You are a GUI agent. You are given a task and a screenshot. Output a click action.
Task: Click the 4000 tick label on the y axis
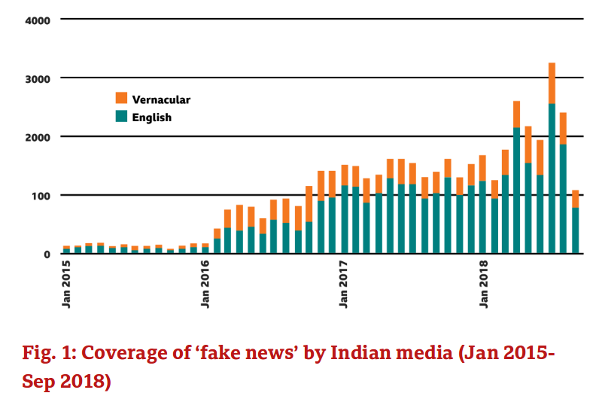35,20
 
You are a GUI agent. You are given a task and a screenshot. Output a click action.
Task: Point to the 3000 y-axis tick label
35,78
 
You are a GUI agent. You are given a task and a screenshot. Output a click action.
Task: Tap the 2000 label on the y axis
35,137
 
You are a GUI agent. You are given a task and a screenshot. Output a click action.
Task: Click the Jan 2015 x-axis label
67,284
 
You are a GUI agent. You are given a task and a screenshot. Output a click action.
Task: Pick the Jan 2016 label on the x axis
205,284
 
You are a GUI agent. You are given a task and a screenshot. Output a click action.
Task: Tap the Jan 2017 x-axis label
345,284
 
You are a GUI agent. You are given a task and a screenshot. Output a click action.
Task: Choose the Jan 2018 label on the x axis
483,284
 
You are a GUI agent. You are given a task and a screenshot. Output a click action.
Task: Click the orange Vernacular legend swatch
120,99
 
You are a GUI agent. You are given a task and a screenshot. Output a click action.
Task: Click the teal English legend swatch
120,117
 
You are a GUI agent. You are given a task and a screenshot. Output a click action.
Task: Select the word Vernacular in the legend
161,99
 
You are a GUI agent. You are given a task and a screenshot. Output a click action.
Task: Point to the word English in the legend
152,117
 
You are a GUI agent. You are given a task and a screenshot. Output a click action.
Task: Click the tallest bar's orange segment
552,83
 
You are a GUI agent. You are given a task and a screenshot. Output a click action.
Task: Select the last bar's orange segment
575,199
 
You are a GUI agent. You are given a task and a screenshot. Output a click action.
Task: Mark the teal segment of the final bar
575,230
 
